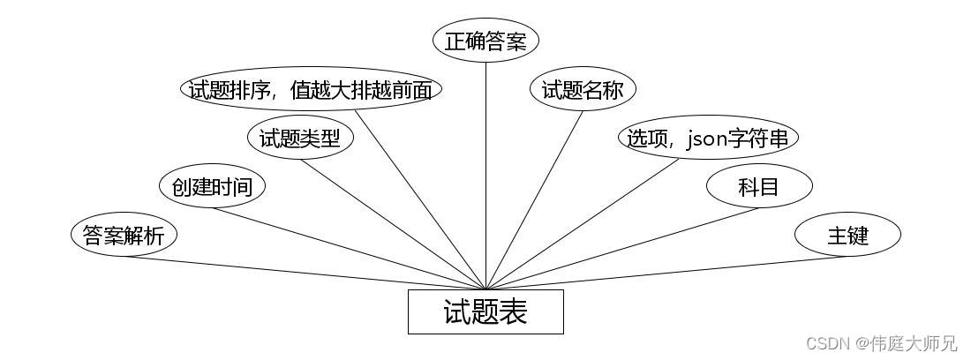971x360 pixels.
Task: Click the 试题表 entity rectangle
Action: click(x=485, y=311)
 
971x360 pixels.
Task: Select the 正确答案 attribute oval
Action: click(x=485, y=41)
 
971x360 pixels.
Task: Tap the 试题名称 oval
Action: click(x=583, y=89)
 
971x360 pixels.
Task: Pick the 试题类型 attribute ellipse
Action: click(x=300, y=138)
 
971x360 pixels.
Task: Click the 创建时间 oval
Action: click(x=212, y=186)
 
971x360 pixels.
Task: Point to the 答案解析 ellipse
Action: click(x=124, y=235)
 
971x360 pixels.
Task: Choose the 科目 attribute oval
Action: click(x=759, y=186)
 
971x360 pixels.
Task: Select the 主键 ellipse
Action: click(x=847, y=235)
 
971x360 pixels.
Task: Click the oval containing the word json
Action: click(x=708, y=138)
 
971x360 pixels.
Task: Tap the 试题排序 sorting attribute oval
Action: click(x=311, y=89)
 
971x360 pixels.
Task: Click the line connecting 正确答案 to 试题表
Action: click(x=486, y=176)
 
